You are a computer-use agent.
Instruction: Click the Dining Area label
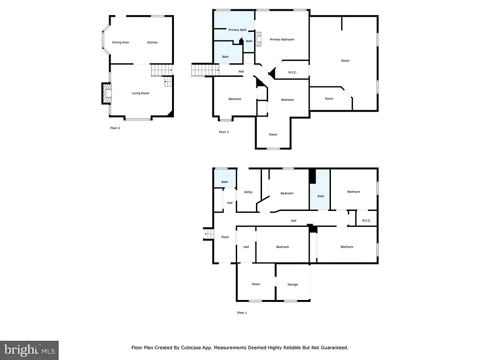120,43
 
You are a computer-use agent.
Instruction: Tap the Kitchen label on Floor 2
152,43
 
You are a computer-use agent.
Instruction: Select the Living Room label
140,93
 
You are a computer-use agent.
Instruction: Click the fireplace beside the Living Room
107,93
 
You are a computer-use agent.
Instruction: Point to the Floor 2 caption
115,127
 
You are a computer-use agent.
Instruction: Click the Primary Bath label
237,30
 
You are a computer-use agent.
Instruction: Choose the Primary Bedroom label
282,39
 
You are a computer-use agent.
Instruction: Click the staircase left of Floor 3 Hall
205,70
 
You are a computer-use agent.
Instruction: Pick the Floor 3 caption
224,132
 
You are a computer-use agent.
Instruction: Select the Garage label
292,285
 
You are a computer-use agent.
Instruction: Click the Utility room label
248,192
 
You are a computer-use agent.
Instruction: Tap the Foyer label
225,237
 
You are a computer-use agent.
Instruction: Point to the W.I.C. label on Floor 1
367,221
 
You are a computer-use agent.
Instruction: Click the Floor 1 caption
242,313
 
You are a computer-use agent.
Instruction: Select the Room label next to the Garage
256,284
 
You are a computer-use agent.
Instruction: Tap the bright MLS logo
29,350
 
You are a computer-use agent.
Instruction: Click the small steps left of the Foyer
208,233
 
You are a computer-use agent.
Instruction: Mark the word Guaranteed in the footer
333,348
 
